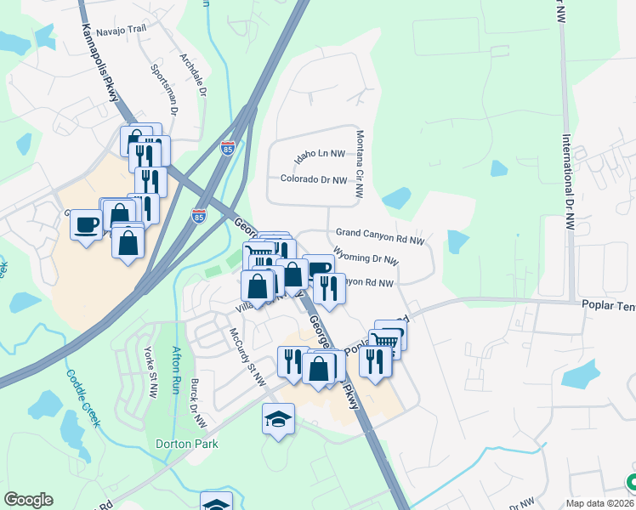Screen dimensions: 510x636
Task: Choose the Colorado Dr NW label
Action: [x=314, y=179]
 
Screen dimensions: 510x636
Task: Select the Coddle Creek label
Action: [x=83, y=389]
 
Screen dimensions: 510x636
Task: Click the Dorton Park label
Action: [x=187, y=444]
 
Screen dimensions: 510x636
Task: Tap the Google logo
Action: [x=28, y=500]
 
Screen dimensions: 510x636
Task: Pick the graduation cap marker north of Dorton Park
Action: [x=278, y=419]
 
